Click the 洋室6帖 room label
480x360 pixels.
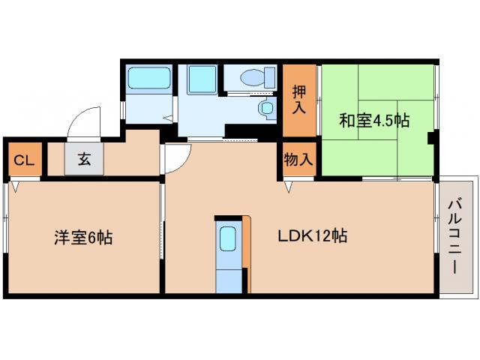coord(83,238)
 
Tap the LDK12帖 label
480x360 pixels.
coord(313,236)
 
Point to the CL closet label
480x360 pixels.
coord(23,160)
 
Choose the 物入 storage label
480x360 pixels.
coord(299,160)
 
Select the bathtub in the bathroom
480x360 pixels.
coord(148,78)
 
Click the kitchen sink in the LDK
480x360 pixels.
coord(229,241)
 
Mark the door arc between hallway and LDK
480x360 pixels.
coord(174,157)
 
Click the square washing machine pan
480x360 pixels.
coord(201,78)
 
